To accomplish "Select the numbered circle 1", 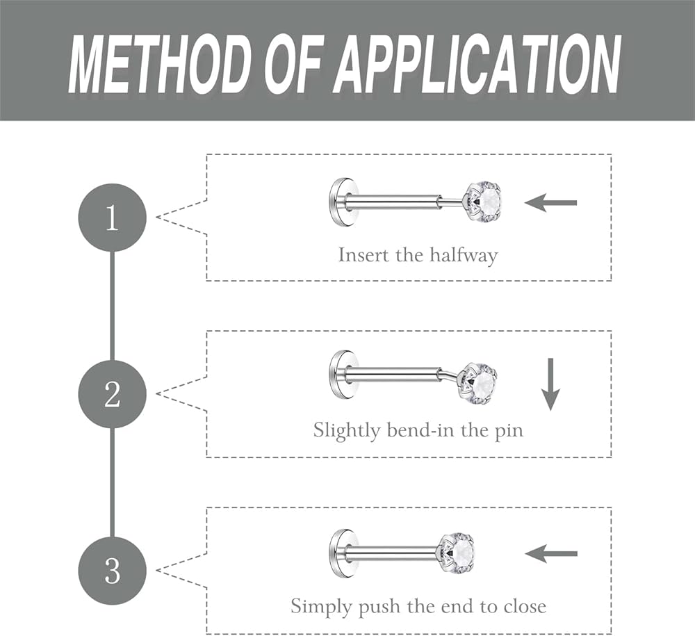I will click(112, 218).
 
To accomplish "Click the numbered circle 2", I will click(112, 394).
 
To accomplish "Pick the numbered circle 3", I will click(112, 571).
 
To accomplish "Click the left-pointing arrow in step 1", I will click(550, 203).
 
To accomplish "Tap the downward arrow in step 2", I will click(550, 384).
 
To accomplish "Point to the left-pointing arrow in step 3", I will click(550, 554).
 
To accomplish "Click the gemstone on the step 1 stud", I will click(484, 202).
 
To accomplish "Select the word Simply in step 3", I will click(321, 607).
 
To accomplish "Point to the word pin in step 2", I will click(508, 430).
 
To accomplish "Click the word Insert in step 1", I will click(363, 255).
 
